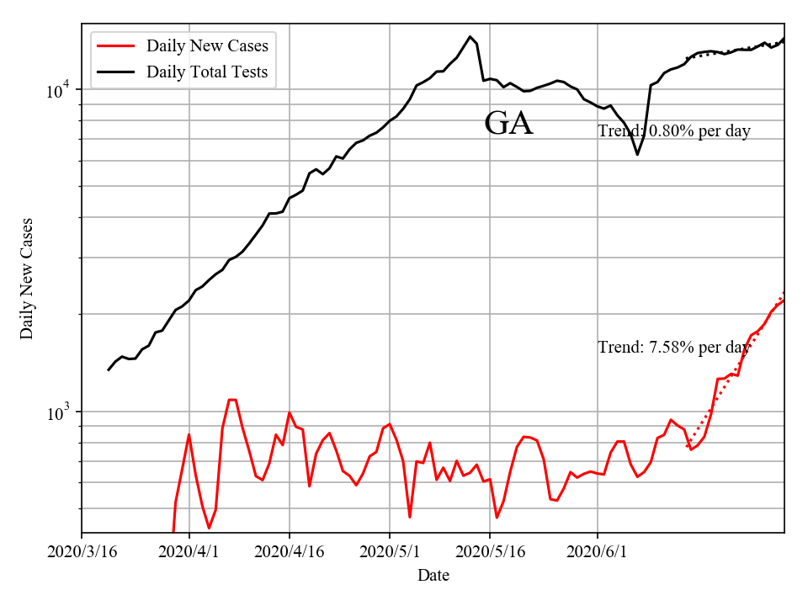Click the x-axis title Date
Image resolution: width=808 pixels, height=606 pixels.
[x=433, y=576]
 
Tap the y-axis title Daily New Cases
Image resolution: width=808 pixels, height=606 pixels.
[x=27, y=278]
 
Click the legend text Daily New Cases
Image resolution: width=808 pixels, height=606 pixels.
[x=207, y=46]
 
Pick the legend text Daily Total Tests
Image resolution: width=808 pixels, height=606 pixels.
[x=207, y=72]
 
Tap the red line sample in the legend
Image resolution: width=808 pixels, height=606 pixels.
[x=116, y=46]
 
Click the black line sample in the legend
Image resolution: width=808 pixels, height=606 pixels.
[x=116, y=72]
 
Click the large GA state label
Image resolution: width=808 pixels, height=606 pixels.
[x=508, y=124]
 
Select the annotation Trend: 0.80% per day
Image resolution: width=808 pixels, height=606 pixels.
[x=674, y=130]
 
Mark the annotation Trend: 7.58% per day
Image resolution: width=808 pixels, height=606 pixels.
[x=674, y=347]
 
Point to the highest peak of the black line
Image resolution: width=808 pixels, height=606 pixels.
[x=470, y=36]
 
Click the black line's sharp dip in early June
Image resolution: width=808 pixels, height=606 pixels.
[x=637, y=154]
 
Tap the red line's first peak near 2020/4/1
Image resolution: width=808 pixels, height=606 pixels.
[x=189, y=435]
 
